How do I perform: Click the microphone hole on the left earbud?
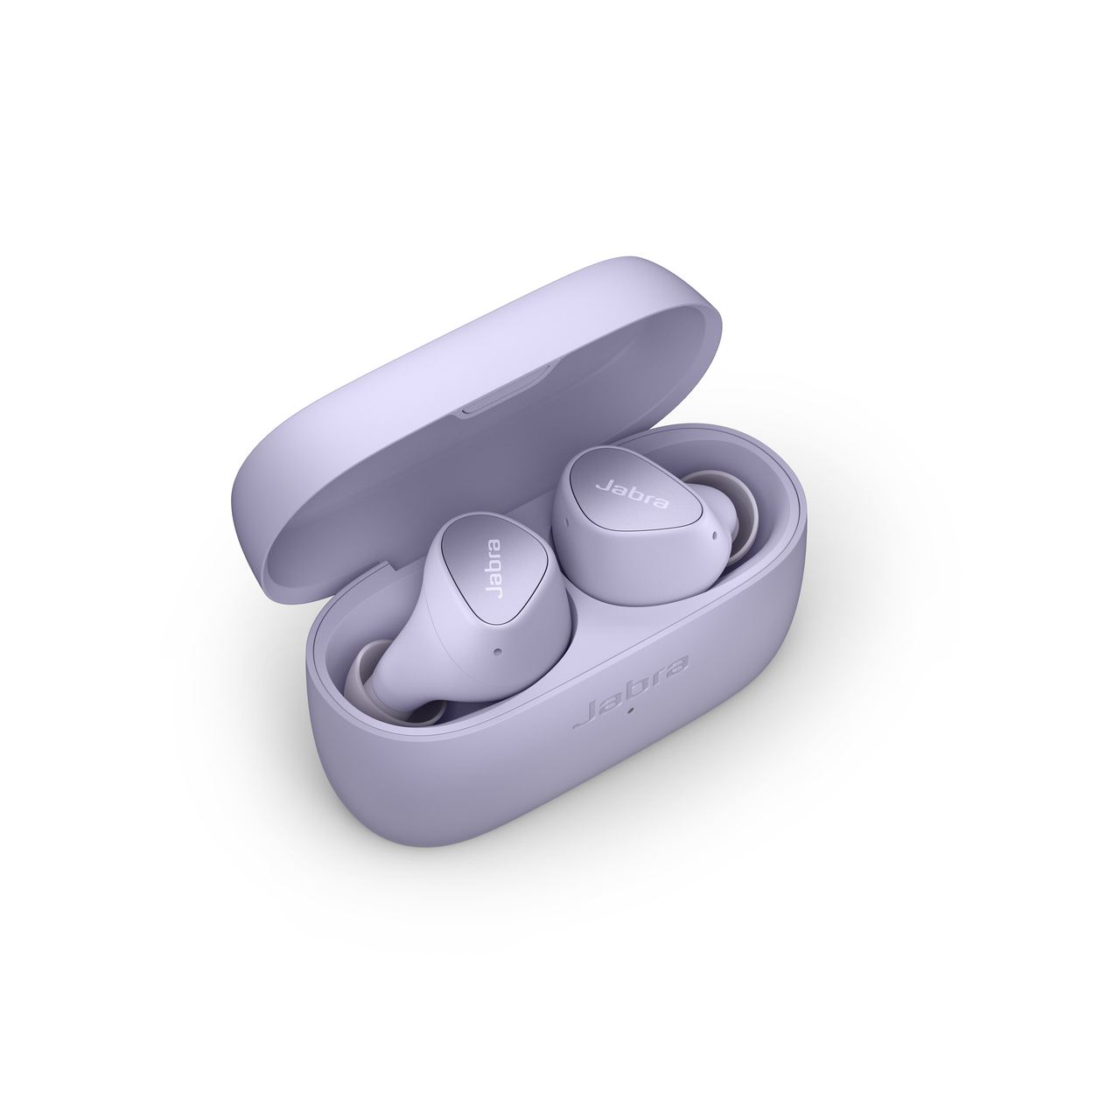(x=497, y=651)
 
